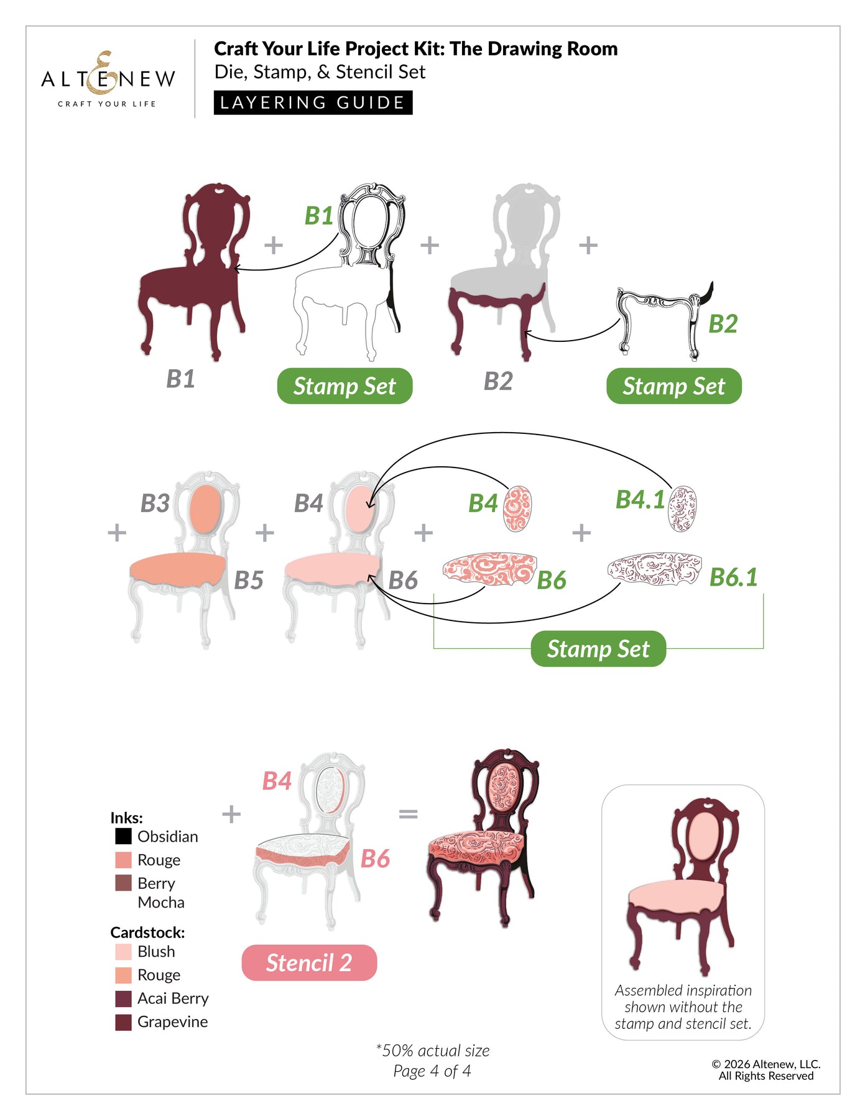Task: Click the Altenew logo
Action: (108, 79)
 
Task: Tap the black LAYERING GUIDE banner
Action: (313, 103)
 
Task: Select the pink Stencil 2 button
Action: (309, 962)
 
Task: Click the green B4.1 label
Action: (639, 499)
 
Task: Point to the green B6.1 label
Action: (734, 577)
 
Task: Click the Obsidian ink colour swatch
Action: (123, 836)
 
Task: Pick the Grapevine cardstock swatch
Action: (123, 1021)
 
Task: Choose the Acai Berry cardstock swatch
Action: (123, 998)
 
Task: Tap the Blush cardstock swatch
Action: (123, 952)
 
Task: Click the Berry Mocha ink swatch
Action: (123, 883)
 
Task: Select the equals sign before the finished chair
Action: (408, 813)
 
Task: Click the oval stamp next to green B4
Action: (517, 509)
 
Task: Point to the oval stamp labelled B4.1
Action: (682, 509)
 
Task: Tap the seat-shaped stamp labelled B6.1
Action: (654, 568)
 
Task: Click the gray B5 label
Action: (249, 580)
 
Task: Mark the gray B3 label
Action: (155, 503)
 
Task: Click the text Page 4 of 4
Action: (432, 1071)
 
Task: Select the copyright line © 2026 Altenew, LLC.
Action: (766, 1064)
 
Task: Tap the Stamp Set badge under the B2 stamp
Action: (674, 386)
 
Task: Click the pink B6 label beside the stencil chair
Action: (375, 859)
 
